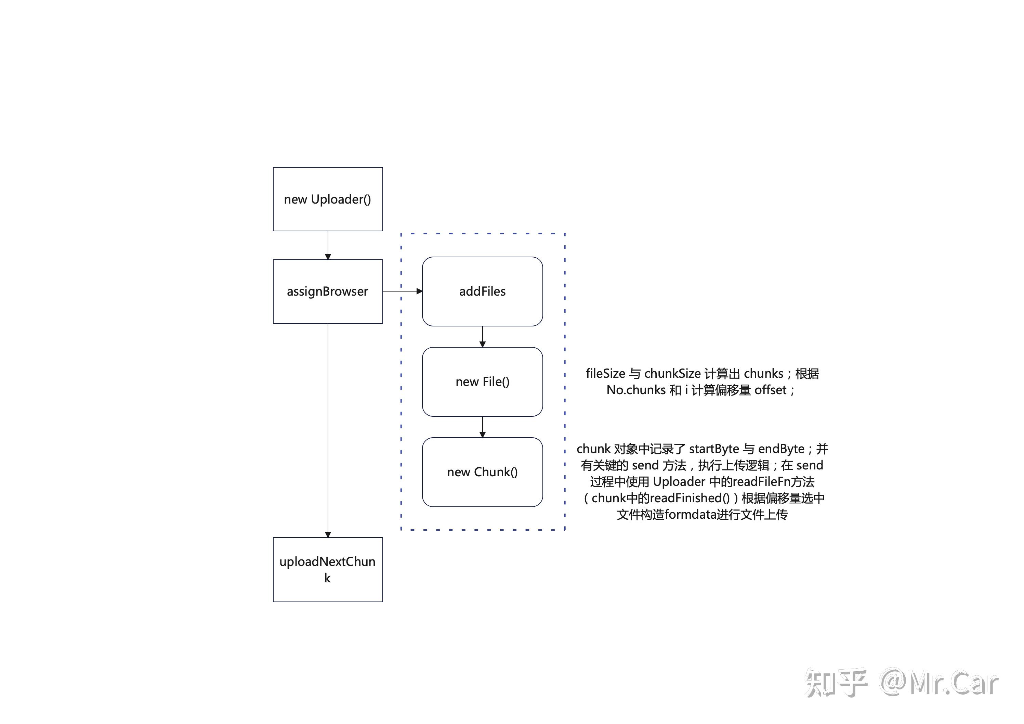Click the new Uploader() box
(328, 199)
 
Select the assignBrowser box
(328, 291)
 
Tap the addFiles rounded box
(483, 291)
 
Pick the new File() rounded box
(483, 382)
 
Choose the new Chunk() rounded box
(483, 472)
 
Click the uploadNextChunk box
(328, 570)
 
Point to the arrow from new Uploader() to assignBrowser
(328, 245)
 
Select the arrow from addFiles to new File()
(483, 337)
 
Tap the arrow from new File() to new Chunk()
(483, 427)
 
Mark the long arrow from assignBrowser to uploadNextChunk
(328, 430)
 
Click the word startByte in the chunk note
(714, 449)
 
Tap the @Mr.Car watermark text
(939, 683)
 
